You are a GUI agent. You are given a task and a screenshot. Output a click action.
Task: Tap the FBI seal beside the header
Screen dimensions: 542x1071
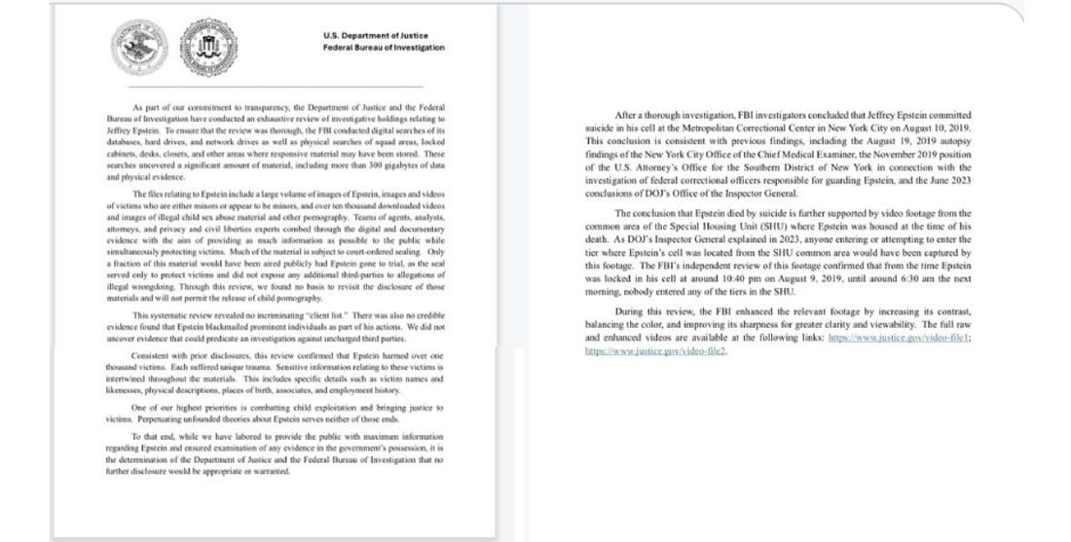coord(210,41)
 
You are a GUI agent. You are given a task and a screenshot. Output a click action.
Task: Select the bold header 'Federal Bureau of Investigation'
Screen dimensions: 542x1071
coord(384,47)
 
